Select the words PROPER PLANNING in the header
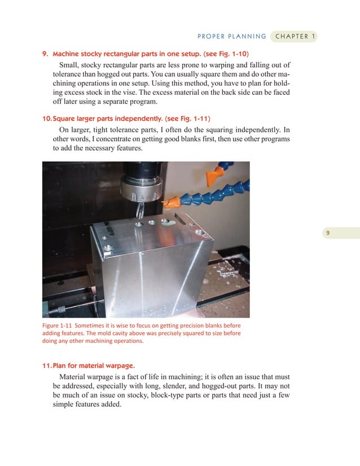pyautogui.click(x=231, y=37)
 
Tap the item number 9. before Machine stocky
pyautogui.click(x=46, y=55)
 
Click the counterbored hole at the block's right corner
pyautogui.click(x=200, y=232)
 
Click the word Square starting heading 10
pyautogui.click(x=64, y=118)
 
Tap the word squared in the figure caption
pyautogui.click(x=179, y=333)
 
